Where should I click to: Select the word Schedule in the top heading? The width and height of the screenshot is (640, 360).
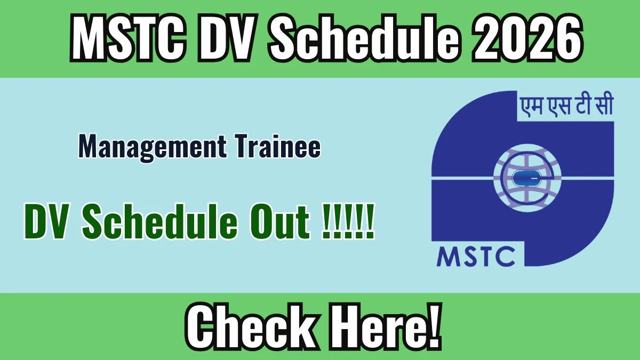[365, 37]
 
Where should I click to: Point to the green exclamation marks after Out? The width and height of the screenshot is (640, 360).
[347, 221]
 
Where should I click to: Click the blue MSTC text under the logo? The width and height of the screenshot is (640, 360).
[476, 256]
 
